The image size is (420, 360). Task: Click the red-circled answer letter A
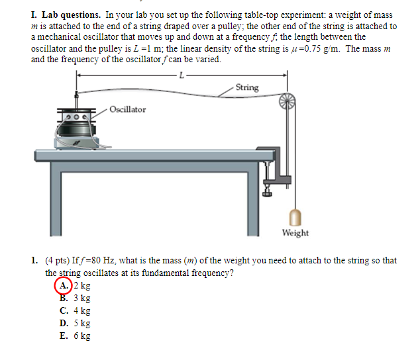coord(64,286)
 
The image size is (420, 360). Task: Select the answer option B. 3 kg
coord(75,298)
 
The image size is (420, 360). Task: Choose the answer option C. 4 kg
coord(75,310)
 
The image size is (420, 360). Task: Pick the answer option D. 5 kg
coord(75,323)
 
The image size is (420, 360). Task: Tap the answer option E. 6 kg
coord(75,336)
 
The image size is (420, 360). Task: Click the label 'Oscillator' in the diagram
coord(128,109)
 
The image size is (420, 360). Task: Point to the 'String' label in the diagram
coord(247,87)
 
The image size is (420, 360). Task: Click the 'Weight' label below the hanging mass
coord(295,233)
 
